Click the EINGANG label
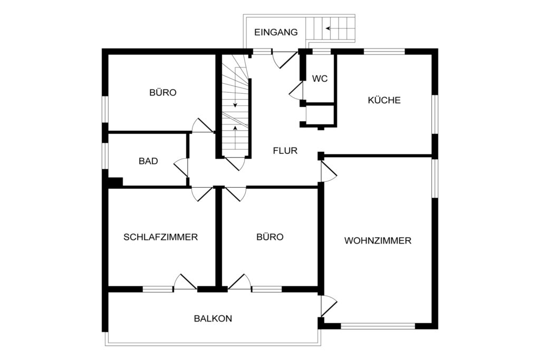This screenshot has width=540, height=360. coord(276,32)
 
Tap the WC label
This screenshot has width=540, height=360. coord(320,79)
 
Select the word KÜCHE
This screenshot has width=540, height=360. coord(384,100)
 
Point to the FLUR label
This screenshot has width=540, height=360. coord(285,151)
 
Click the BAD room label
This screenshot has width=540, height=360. coord(148,161)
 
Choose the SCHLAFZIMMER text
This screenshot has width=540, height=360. coord(160,237)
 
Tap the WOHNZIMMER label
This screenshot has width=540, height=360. coord(378,240)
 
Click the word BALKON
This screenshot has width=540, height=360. coord(213,319)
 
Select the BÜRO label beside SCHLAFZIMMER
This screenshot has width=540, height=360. coord(270,237)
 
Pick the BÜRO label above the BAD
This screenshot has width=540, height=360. coord(163,93)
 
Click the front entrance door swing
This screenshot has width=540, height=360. coord(284,59)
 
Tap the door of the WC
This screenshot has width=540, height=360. coord(296,91)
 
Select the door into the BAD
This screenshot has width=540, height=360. coord(181,168)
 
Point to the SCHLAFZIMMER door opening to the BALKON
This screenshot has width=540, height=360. coord(185,282)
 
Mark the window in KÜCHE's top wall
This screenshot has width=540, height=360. coord(384,52)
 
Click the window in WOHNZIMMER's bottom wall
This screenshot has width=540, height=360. coord(378,326)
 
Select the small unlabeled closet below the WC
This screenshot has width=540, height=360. coord(320,115)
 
